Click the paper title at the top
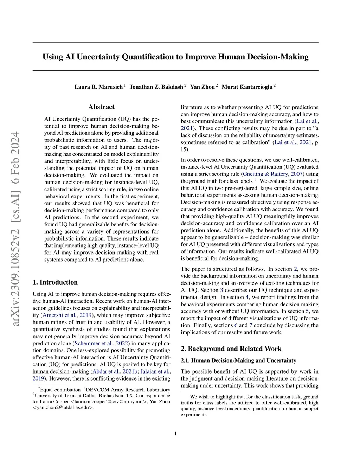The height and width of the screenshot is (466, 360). [175, 57]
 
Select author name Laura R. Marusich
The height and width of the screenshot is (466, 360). [98, 87]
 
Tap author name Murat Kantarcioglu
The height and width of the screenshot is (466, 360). [247, 87]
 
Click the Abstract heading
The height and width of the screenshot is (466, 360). [101, 107]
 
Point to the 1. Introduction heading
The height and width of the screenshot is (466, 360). [55, 282]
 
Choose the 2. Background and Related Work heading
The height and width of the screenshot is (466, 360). [231, 349]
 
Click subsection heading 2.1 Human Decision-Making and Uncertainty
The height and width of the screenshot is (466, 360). [238, 360]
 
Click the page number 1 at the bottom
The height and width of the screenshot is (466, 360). [175, 434]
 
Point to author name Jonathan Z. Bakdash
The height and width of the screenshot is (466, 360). [156, 87]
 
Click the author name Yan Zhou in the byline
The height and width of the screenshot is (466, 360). [202, 87]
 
